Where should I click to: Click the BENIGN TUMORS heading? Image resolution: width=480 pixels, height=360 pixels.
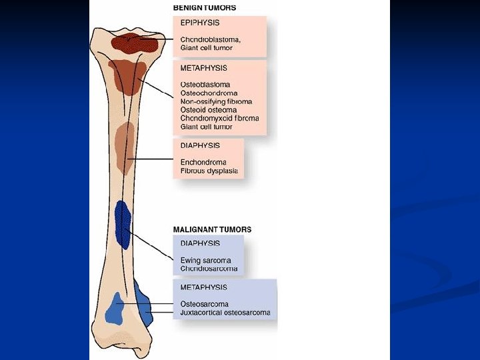(x=204, y=8)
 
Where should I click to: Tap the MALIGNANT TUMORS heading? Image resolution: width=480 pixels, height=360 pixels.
(x=212, y=229)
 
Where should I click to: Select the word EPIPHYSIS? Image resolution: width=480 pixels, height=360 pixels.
(x=200, y=23)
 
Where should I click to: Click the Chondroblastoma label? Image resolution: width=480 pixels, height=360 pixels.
(x=211, y=39)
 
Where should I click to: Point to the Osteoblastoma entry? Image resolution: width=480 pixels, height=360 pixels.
(x=205, y=85)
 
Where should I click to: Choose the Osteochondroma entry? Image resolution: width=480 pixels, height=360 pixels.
(x=209, y=93)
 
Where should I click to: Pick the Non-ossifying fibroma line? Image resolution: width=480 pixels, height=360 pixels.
(x=216, y=101)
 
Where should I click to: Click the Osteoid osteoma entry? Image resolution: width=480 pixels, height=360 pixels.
(x=208, y=110)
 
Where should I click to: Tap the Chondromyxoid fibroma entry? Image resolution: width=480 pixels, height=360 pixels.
(x=219, y=118)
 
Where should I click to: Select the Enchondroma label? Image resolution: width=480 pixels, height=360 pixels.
(x=203, y=162)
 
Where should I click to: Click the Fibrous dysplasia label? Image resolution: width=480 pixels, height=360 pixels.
(x=209, y=171)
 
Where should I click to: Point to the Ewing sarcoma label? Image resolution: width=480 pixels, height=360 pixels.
(x=205, y=260)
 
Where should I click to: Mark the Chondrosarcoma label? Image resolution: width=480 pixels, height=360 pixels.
(x=209, y=269)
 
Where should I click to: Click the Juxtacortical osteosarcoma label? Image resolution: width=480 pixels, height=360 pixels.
(x=225, y=313)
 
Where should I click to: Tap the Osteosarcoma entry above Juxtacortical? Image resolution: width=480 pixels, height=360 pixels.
(x=204, y=305)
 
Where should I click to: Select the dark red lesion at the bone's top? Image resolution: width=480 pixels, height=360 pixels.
(x=133, y=43)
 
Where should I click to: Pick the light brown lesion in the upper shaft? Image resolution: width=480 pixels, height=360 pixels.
(x=124, y=147)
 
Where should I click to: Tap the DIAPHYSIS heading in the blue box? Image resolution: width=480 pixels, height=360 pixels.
(x=200, y=243)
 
